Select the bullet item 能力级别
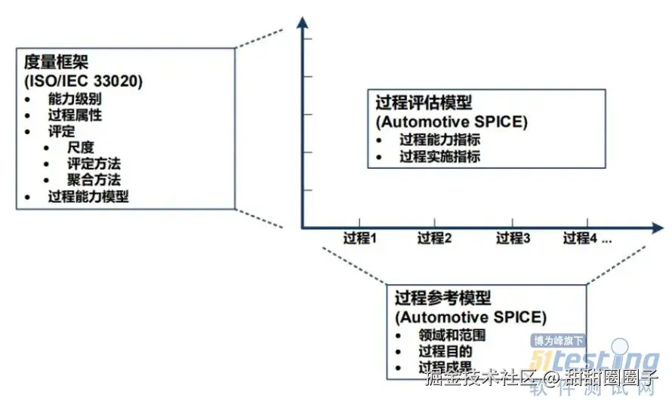pyautogui.click(x=74, y=99)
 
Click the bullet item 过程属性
pyautogui.click(x=74, y=115)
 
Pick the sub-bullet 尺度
pyautogui.click(x=80, y=147)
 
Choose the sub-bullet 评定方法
pyautogui.click(x=94, y=164)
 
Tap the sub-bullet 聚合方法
pyautogui.click(x=94, y=180)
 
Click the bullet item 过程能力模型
pyautogui.click(x=88, y=197)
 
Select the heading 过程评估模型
pyautogui.click(x=424, y=103)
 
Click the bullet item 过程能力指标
pyautogui.click(x=439, y=139)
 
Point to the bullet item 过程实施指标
pyautogui.click(x=439, y=157)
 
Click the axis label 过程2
pyautogui.click(x=435, y=239)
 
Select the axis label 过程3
pyautogui.click(x=513, y=239)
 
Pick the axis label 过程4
pyautogui.click(x=580, y=239)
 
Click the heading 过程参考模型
pyautogui.click(x=442, y=297)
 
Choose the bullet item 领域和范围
pyautogui.click(x=452, y=335)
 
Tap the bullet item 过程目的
pyautogui.click(x=445, y=352)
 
